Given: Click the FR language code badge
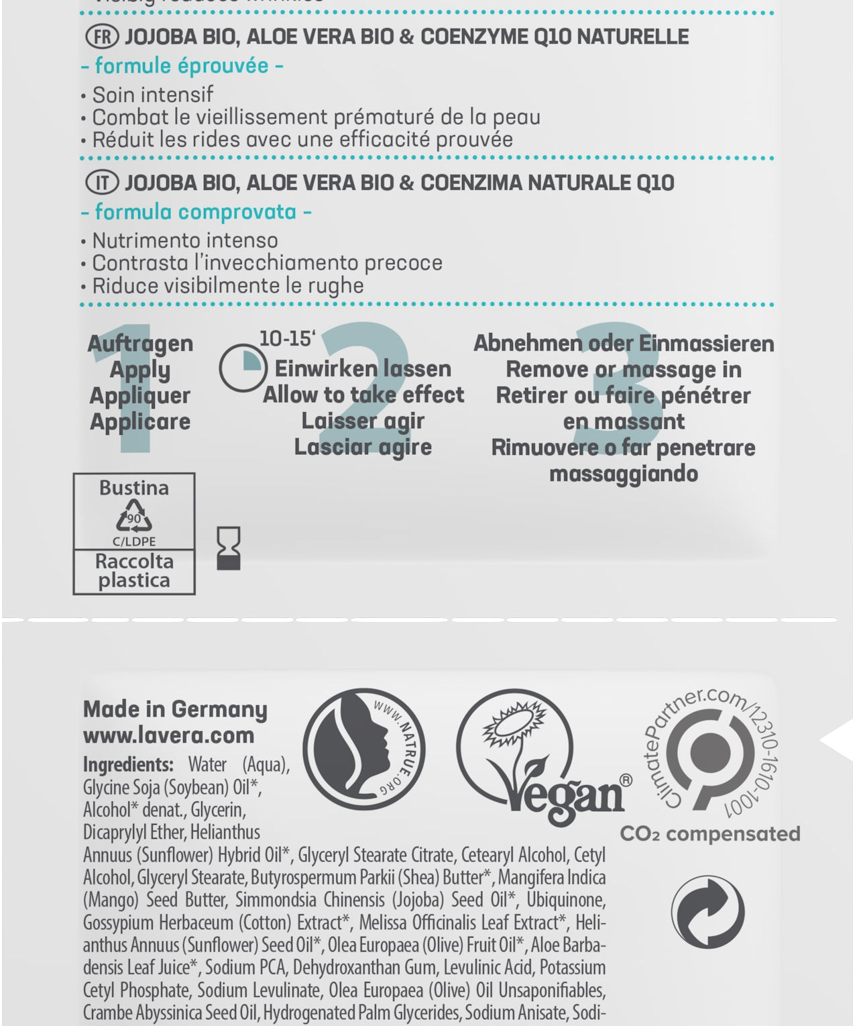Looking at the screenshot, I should [103, 36].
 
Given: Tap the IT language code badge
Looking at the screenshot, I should [103, 183].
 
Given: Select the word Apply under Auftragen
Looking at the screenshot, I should [140, 369].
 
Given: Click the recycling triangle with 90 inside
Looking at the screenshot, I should [134, 519].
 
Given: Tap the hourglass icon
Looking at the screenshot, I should [229, 548].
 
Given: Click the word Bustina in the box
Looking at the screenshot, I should [134, 488].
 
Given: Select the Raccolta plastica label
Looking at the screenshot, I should [134, 570].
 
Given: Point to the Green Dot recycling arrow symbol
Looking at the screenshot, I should [708, 911].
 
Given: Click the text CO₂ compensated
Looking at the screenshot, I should [710, 834].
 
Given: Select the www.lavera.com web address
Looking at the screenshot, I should [169, 735].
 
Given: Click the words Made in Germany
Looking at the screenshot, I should [175, 709].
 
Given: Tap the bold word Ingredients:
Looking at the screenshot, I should [128, 764].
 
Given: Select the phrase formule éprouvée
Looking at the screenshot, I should [182, 66].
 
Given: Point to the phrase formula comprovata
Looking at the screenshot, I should [195, 212].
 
